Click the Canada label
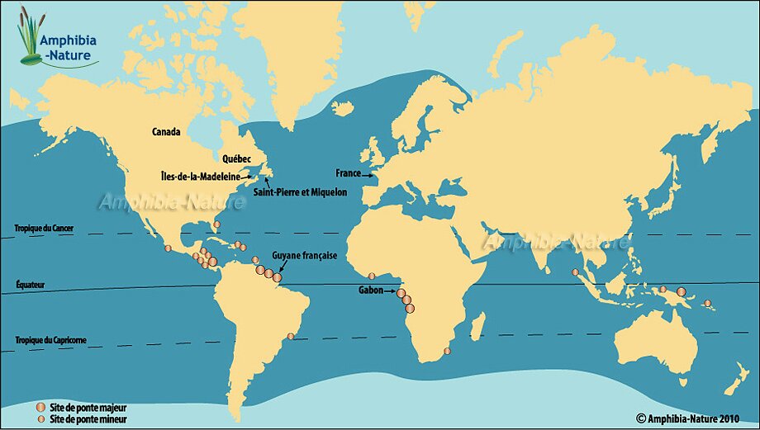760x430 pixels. (x=167, y=131)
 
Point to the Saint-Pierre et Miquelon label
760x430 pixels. (x=306, y=191)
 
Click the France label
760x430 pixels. (x=348, y=173)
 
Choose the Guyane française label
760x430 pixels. (x=305, y=256)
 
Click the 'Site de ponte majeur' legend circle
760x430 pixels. (x=40, y=408)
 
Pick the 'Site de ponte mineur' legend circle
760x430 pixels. (x=40, y=419)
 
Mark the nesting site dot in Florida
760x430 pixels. (x=216, y=224)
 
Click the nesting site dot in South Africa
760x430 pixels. (x=447, y=352)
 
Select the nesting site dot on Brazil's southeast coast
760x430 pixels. (x=290, y=336)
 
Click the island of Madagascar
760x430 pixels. (x=477, y=326)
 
